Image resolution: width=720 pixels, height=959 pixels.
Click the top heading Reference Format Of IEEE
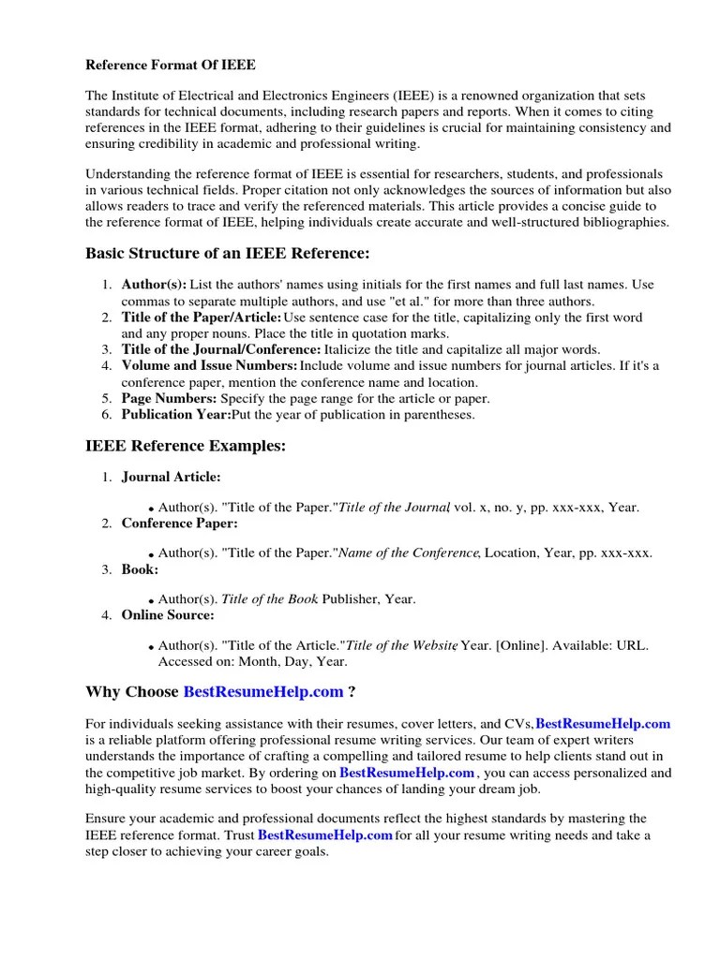pyautogui.click(x=170, y=66)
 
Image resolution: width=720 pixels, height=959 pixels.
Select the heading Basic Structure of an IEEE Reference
pyautogui.click(x=228, y=253)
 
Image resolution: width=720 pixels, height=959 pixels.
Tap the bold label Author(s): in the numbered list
pyautogui.click(x=154, y=285)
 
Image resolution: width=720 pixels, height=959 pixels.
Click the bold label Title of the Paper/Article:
pyautogui.click(x=201, y=317)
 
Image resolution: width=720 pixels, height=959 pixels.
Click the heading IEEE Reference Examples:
pyautogui.click(x=186, y=446)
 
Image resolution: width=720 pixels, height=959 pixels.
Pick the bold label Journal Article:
pyautogui.click(x=171, y=477)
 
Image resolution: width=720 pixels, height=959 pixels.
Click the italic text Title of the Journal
pyautogui.click(x=394, y=508)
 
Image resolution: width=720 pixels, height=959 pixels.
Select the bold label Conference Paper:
pyautogui.click(x=179, y=523)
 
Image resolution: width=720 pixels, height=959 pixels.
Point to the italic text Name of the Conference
pyautogui.click(x=408, y=553)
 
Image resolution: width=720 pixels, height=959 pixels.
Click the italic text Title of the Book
pyautogui.click(x=270, y=598)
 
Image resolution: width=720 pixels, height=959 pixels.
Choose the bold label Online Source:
pyautogui.click(x=168, y=614)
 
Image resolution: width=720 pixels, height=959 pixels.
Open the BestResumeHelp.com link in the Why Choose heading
pyautogui.click(x=262, y=692)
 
